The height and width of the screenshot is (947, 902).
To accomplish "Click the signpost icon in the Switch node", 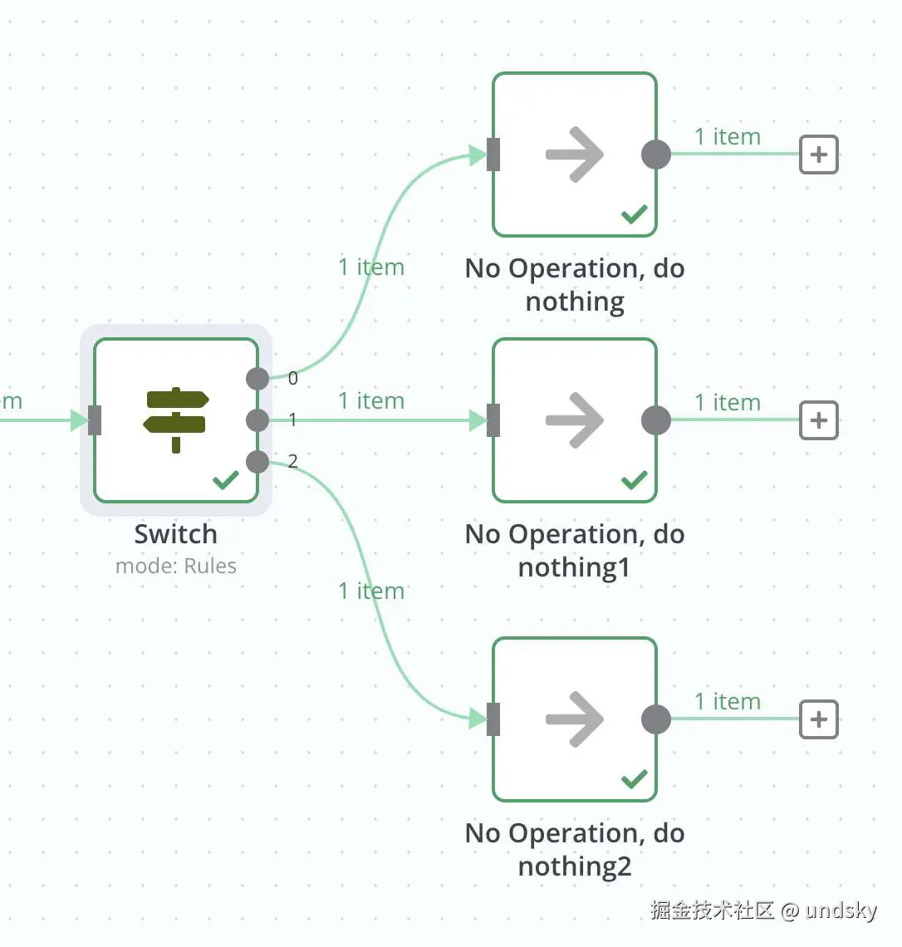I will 176,420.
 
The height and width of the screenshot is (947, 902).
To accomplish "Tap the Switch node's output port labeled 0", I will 257,379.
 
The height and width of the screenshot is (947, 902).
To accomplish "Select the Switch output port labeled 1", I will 257,420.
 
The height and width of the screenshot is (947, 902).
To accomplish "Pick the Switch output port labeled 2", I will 257,462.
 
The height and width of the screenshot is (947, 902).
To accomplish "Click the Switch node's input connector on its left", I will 95,420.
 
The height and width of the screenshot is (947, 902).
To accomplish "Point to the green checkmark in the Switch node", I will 226,480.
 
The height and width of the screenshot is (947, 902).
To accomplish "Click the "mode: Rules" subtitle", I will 176,567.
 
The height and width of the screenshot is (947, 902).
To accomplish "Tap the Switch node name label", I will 176,534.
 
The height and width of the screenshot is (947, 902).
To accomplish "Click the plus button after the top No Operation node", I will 819,155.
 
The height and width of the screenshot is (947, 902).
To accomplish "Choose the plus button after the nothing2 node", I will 819,719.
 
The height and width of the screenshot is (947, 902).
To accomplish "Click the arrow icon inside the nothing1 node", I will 575,420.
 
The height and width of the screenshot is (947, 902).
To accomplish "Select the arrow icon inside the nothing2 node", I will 575,719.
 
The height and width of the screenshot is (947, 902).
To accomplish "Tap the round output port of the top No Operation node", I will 656,155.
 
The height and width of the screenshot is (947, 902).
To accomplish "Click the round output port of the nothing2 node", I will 656,719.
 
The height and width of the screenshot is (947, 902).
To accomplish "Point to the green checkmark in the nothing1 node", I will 635,480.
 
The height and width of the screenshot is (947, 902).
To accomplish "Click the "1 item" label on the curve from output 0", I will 371,267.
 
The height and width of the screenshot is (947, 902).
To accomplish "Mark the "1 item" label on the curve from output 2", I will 371,591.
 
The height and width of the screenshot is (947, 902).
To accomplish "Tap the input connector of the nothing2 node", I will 493,719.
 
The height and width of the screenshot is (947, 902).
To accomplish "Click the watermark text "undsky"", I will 841,910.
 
